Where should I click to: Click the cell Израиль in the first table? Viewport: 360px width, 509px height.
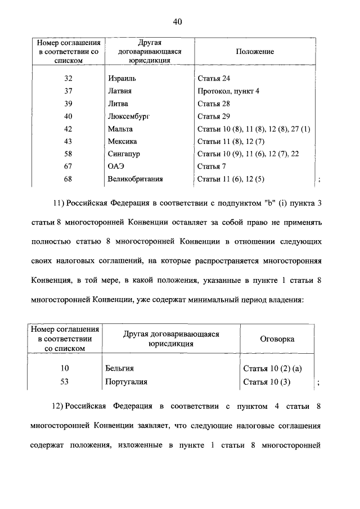pyautogui.click(x=122, y=79)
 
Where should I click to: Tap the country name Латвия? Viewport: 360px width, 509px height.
pyautogui.click(x=120, y=91)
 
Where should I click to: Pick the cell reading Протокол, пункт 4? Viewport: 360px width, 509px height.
pyautogui.click(x=228, y=91)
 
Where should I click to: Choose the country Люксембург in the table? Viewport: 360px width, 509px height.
pyautogui.click(x=130, y=116)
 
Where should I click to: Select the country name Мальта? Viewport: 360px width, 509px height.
pyautogui.click(x=120, y=129)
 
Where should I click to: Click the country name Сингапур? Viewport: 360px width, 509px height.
pyautogui.click(x=124, y=154)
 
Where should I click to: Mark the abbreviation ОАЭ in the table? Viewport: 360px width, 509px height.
pyautogui.click(x=115, y=167)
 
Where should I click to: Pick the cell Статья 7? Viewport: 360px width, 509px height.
pyautogui.click(x=211, y=167)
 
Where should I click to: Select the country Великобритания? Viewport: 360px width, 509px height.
pyautogui.click(x=135, y=179)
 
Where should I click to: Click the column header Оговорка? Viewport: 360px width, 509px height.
pyautogui.click(x=277, y=339)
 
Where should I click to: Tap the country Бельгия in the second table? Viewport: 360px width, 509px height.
pyautogui.click(x=119, y=369)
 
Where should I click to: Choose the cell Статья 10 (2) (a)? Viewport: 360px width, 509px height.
pyautogui.click(x=273, y=369)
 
